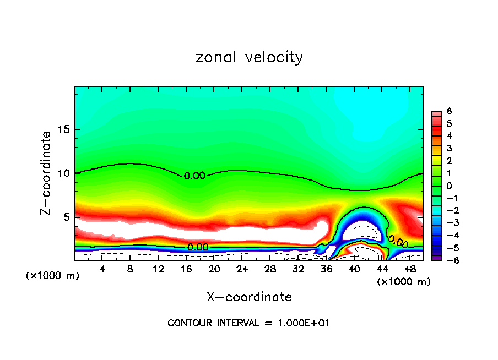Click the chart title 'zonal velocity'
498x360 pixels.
[249, 57]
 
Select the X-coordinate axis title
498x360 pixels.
[249, 297]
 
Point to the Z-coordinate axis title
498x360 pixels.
[46, 173]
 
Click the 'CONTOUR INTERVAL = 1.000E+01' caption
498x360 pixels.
[249, 323]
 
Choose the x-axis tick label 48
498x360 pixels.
[410, 269]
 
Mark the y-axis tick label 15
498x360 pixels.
[64, 129]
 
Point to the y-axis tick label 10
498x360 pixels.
[64, 173]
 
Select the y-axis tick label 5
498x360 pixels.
[66, 217]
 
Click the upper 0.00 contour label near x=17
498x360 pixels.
[194, 176]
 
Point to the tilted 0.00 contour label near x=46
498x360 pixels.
[398, 242]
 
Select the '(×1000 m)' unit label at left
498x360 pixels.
[53, 276]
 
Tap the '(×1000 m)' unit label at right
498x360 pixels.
[403, 282]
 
